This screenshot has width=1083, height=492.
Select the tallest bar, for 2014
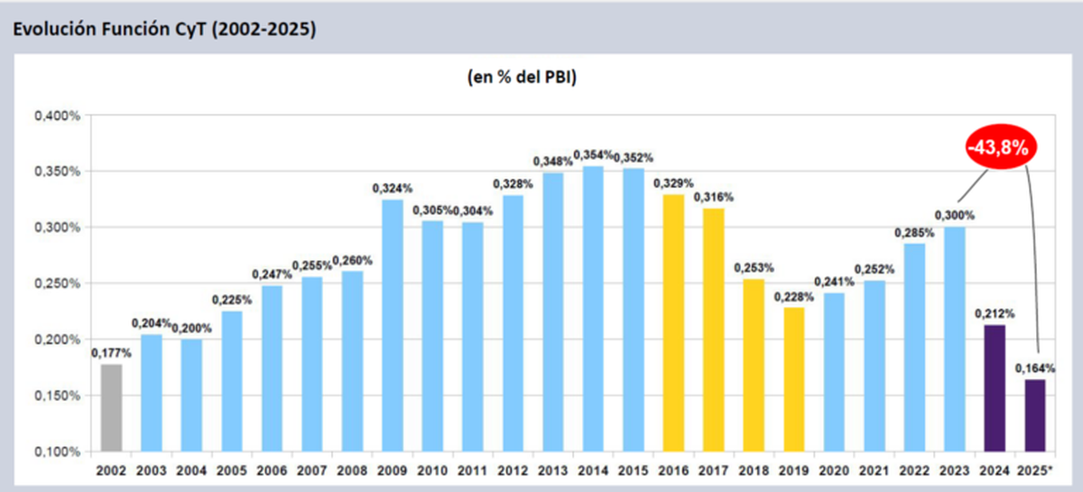594,308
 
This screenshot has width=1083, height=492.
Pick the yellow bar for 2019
794,379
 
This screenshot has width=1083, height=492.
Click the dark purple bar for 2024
995,388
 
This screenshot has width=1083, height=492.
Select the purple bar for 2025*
1035,415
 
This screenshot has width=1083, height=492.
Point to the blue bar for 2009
393,325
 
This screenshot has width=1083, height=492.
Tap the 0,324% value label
393,189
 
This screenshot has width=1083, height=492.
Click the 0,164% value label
1035,368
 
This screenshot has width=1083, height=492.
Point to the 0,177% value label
111,353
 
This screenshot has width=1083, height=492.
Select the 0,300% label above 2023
955,215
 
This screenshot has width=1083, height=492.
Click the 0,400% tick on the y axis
58,116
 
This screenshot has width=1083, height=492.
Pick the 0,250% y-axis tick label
58,283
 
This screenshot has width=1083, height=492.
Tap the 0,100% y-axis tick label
58,451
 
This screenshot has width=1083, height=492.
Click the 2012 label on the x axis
513,471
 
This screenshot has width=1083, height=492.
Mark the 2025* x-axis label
1035,471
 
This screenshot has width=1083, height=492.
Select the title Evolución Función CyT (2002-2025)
162,29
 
